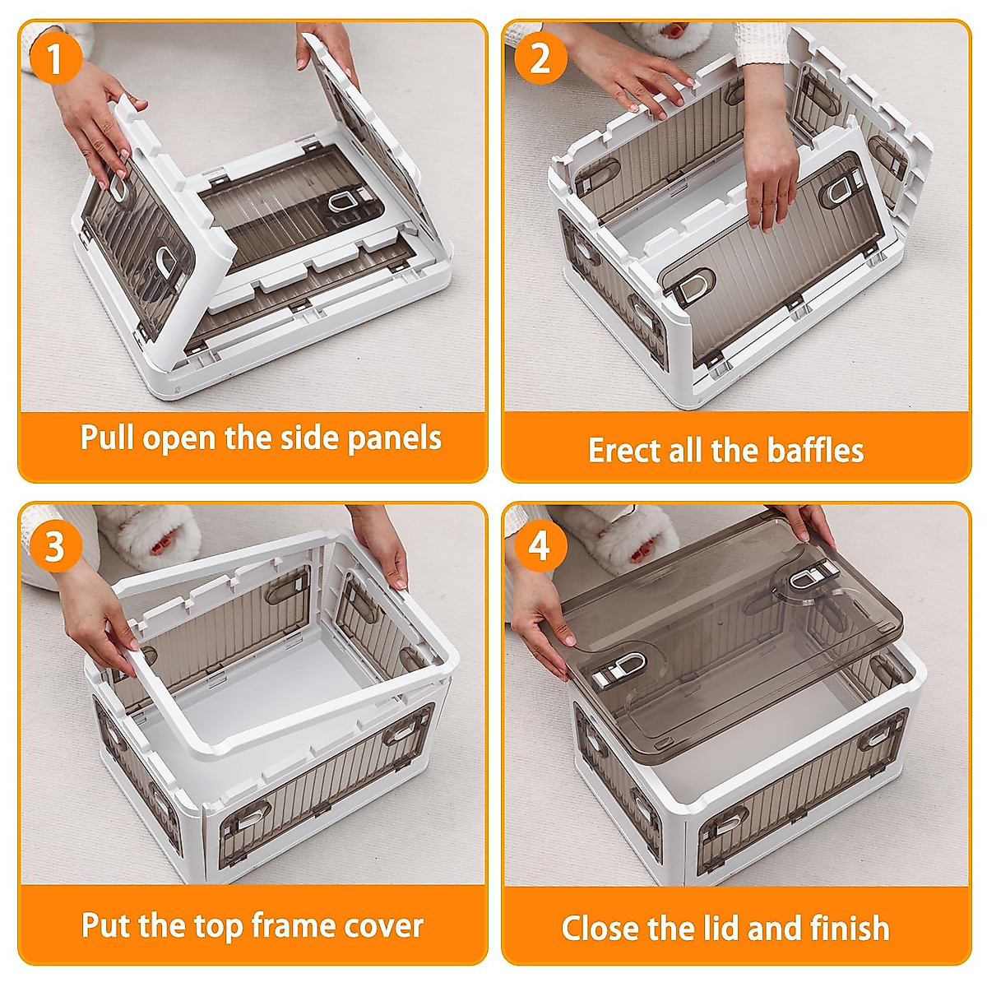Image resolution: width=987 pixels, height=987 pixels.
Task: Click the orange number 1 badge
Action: [x=56, y=58]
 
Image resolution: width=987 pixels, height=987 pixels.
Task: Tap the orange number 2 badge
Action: [x=540, y=58]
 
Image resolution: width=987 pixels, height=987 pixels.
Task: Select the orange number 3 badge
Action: [x=56, y=545]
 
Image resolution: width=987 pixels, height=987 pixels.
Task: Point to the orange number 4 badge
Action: [x=540, y=545]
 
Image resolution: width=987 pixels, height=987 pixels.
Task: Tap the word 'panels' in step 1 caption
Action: [x=395, y=439]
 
